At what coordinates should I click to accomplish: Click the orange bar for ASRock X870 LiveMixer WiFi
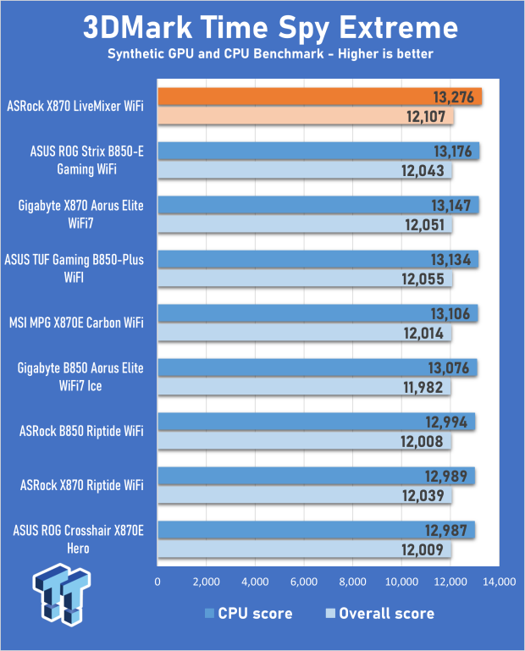coord(319,97)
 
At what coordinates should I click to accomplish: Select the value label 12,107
coord(428,118)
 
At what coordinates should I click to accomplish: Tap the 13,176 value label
coord(454,152)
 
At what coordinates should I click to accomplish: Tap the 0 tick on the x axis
coord(158,582)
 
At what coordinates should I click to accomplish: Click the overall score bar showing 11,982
coord(304,388)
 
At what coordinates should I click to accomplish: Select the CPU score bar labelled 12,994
coord(316,422)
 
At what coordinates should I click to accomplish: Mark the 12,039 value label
coord(428,496)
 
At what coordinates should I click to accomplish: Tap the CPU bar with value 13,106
coord(318,313)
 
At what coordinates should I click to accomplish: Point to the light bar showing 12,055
coord(305,279)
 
